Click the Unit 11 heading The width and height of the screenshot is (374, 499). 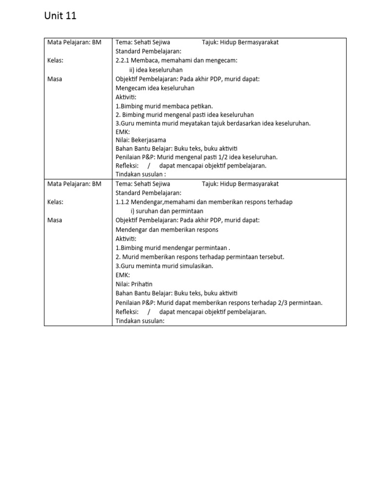60,16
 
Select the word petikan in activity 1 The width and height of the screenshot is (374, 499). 202,106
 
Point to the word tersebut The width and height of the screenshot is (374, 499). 270,257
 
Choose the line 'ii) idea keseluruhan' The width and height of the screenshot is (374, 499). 156,70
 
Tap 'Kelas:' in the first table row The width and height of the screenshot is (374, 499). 56,60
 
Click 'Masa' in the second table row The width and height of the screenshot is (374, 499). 55,220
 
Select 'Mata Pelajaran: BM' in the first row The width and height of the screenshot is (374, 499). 74,42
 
